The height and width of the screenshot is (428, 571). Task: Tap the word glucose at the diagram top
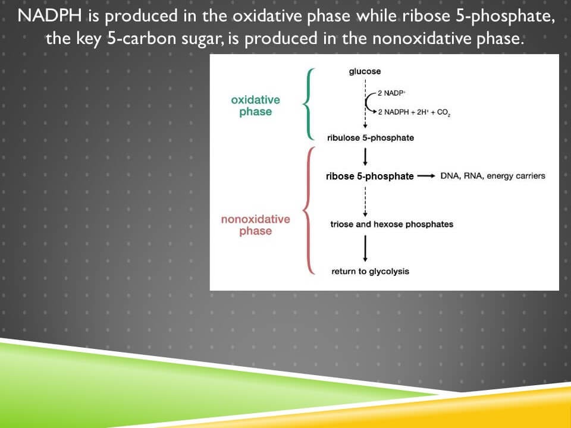coord(365,72)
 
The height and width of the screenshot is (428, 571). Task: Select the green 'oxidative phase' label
coord(255,106)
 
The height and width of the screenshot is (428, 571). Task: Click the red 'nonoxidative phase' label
coord(255,225)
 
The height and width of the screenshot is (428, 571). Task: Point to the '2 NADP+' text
coord(393,94)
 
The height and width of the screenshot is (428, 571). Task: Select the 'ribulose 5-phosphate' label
coord(371,138)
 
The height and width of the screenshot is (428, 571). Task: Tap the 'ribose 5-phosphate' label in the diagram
coord(369,177)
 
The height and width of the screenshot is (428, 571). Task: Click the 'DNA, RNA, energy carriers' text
coord(492,176)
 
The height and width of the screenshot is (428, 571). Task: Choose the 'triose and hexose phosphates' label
coord(391,224)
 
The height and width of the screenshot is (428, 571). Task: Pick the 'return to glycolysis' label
coord(370,272)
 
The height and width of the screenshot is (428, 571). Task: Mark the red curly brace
coord(308,211)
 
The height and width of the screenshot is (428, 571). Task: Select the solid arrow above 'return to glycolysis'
coord(365,248)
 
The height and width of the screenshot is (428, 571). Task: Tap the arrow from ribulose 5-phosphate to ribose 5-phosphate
coord(365,157)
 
